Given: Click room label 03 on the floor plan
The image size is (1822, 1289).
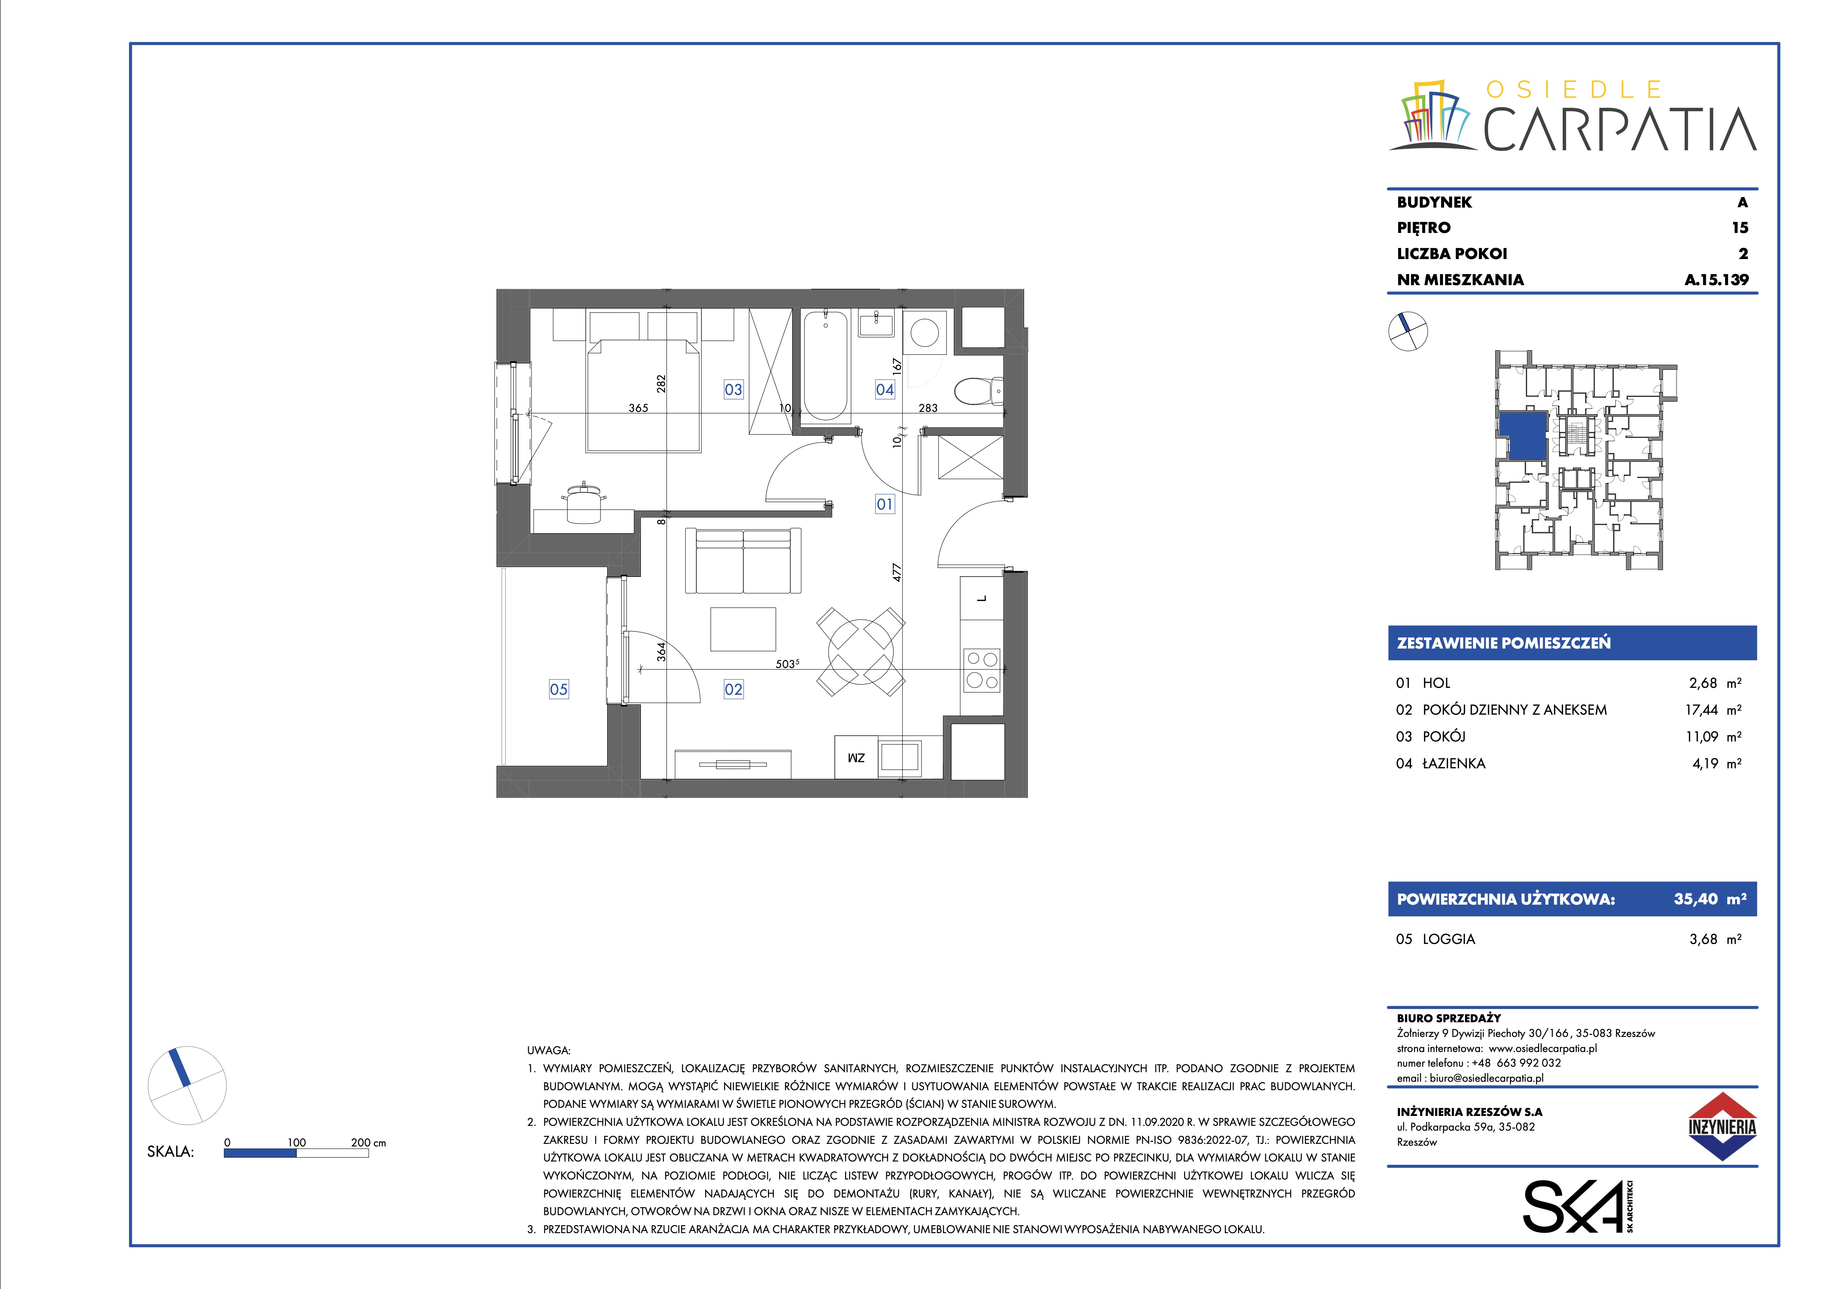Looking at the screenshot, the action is tap(733, 390).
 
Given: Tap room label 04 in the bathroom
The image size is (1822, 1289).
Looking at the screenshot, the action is tap(885, 390).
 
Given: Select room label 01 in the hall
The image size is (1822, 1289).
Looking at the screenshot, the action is tap(885, 504).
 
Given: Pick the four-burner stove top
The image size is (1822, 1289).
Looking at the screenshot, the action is tap(982, 671).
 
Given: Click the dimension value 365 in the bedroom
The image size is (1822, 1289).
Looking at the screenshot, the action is tap(638, 408).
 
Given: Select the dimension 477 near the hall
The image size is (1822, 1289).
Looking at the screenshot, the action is tap(898, 572).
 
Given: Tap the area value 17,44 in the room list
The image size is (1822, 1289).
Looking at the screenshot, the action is tap(1702, 710).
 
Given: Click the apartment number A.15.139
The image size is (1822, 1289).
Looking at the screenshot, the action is tap(1717, 279).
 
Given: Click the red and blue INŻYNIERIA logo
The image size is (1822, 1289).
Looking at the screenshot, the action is tap(1721, 1126).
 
